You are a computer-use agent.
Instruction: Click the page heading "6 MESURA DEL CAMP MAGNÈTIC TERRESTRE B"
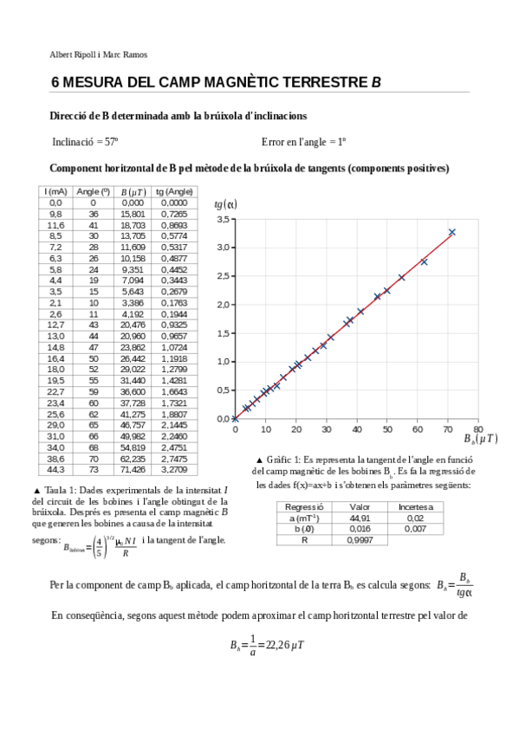(216, 84)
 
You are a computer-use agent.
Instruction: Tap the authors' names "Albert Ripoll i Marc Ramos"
(99, 55)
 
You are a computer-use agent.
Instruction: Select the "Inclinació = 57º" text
(85, 141)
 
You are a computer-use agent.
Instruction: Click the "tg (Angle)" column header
(173, 191)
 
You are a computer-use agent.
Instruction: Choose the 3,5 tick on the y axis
(222, 220)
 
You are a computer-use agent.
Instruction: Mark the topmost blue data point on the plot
(451, 232)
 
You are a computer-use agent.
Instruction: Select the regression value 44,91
(359, 518)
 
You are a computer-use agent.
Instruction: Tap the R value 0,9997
(359, 539)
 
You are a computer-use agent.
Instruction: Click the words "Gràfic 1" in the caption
(282, 459)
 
